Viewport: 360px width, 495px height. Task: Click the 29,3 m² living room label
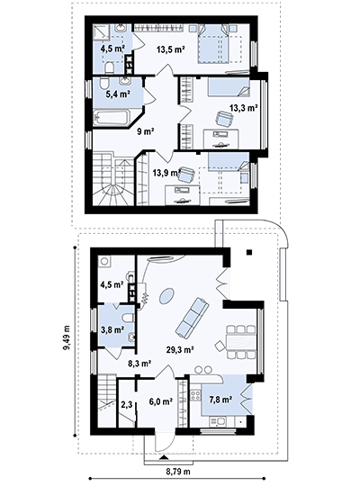coord(180,349)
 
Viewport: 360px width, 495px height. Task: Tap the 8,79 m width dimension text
coord(178,472)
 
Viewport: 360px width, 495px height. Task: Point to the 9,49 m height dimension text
coord(67,337)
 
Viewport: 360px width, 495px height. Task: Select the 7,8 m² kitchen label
coord(221,400)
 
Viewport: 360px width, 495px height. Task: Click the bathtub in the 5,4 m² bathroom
coord(112,117)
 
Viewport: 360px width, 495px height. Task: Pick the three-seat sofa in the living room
coord(192,317)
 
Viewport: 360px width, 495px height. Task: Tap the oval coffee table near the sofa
coord(166,296)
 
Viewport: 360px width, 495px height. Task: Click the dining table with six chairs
coord(240,342)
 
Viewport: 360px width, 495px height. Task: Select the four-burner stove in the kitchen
coord(195,396)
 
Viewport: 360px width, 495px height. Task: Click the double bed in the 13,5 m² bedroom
coord(213,45)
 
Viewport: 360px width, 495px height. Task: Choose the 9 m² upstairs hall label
coord(146,131)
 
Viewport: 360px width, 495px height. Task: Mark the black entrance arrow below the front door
coord(163,457)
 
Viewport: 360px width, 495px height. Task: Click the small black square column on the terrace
coord(249,252)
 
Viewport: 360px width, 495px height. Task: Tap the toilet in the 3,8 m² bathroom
coord(128,318)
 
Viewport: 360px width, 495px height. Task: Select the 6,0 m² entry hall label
coord(160,401)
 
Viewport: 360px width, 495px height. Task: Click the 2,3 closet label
coord(127,404)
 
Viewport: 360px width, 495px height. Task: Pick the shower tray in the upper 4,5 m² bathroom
coord(102,31)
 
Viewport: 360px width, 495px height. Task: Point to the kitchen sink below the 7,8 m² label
coord(218,421)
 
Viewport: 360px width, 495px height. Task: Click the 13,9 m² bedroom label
coord(166,173)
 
